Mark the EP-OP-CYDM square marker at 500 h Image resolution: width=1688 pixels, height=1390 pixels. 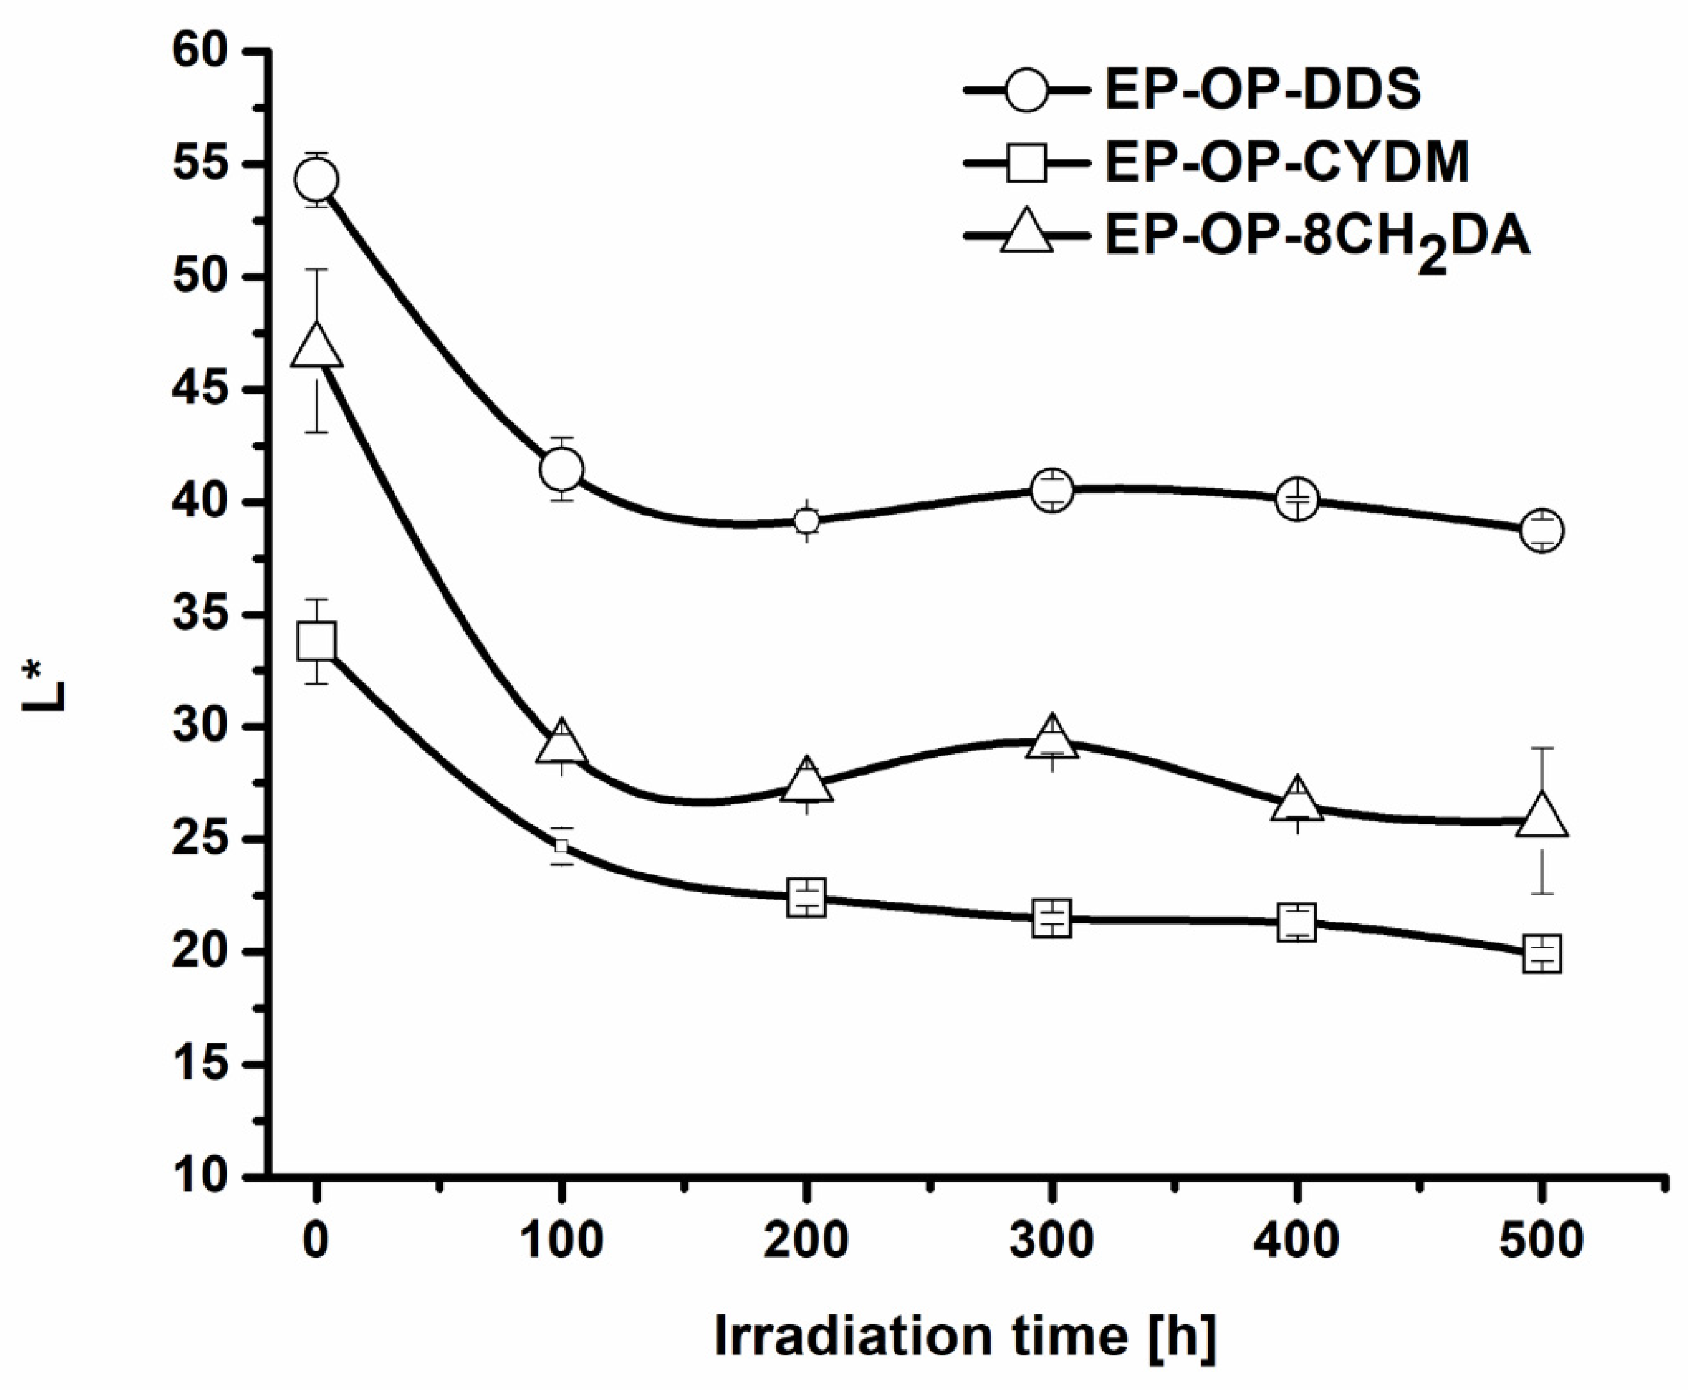tap(1542, 954)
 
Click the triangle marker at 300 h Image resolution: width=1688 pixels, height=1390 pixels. tap(1051, 738)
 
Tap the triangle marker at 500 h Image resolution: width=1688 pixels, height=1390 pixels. tap(1542, 817)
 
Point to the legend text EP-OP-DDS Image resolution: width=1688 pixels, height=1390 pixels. tap(1262, 90)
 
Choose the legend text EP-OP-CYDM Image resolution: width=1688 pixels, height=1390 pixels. tap(1287, 163)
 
